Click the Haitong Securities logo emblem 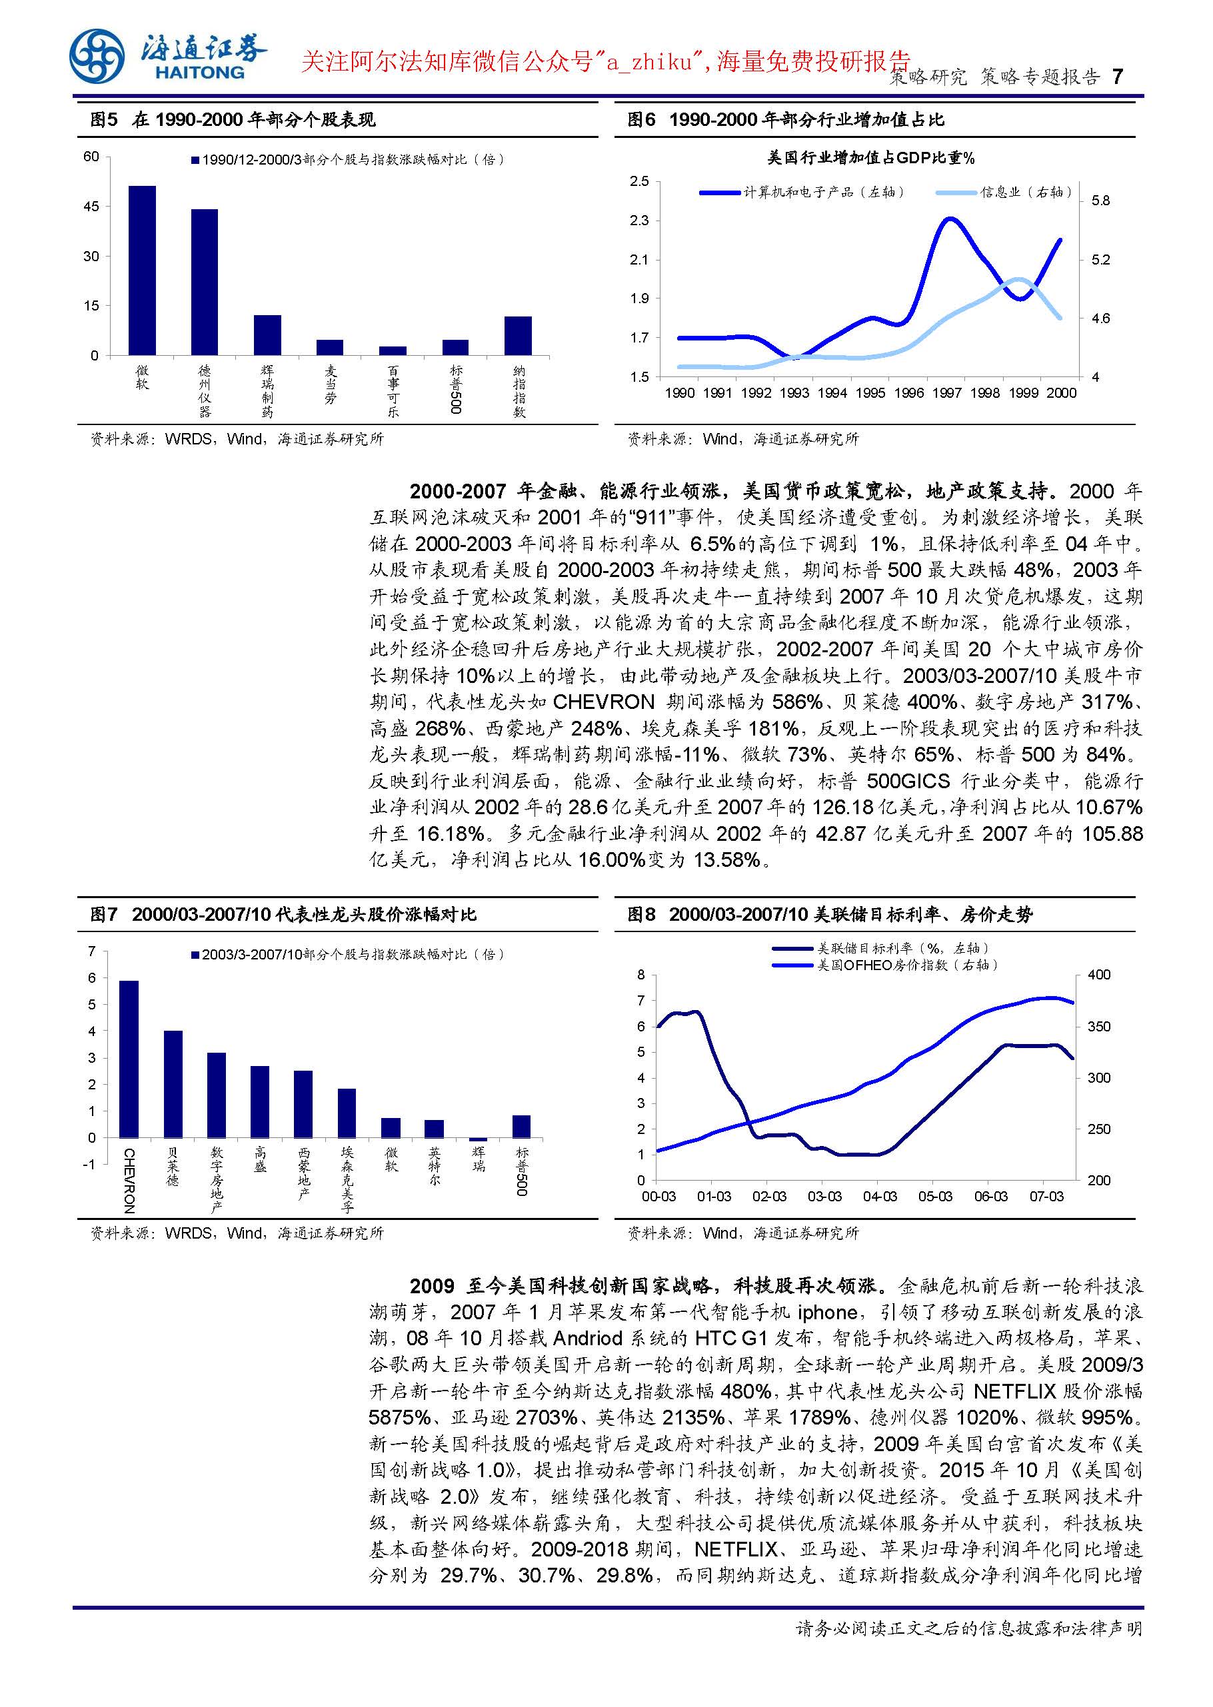pyautogui.click(x=97, y=57)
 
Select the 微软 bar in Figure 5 pyautogui.click(x=142, y=271)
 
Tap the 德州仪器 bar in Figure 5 pyautogui.click(x=205, y=283)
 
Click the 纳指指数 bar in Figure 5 pyautogui.click(x=518, y=336)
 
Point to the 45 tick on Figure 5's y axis pyautogui.click(x=91, y=207)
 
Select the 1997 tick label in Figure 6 pyautogui.click(x=946, y=394)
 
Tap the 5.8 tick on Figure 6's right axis pyautogui.click(x=1100, y=201)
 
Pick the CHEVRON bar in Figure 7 pyautogui.click(x=129, y=1059)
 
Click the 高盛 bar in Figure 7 pyautogui.click(x=260, y=1101)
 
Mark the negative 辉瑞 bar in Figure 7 pyautogui.click(x=478, y=1139)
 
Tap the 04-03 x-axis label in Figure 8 pyautogui.click(x=879, y=1196)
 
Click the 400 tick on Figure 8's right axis pyautogui.click(x=1099, y=975)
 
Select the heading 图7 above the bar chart pyautogui.click(x=104, y=915)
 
